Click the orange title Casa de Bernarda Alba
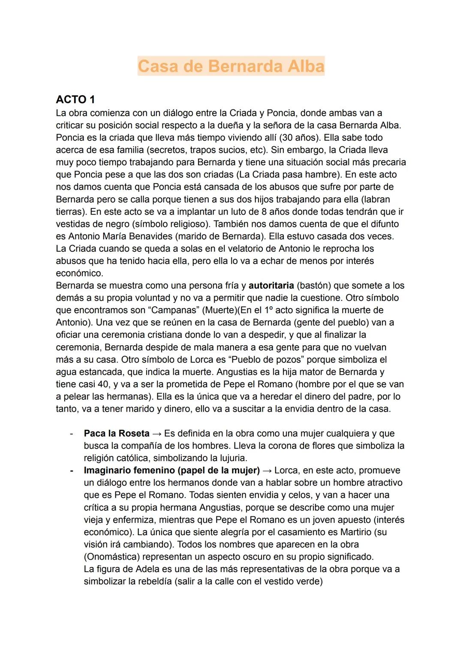[x=231, y=66]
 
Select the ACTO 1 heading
[x=75, y=99]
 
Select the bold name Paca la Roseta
[x=117, y=434]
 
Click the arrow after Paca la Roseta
[x=156, y=434]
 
